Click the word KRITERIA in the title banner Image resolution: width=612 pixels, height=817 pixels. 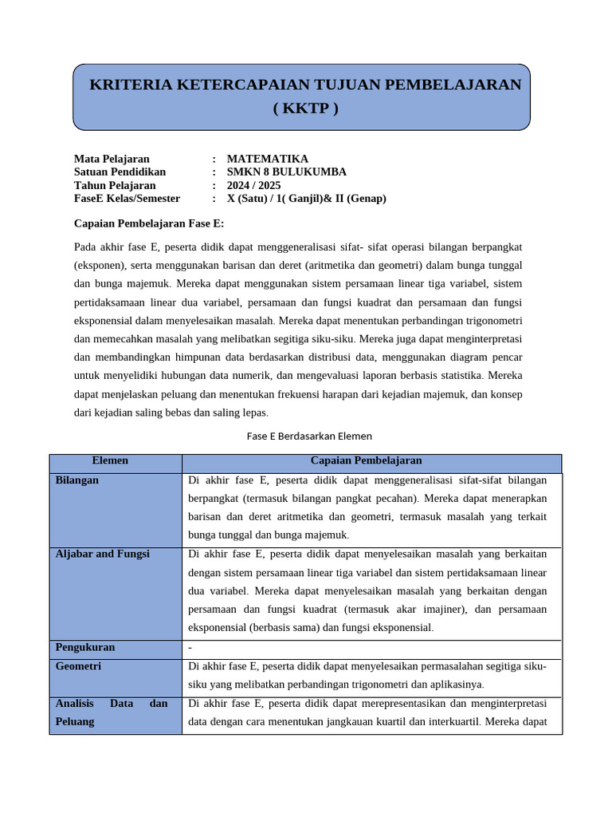pos(126,85)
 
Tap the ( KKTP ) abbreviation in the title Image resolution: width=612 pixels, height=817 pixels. pos(305,109)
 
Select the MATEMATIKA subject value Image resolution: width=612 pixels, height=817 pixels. pos(267,159)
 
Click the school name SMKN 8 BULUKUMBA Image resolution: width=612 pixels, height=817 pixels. pos(286,172)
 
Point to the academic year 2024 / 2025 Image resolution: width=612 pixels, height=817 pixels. pos(253,185)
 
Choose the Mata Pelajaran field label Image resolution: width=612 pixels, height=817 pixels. pos(112,159)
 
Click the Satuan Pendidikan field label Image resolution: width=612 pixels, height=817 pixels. pos(120,172)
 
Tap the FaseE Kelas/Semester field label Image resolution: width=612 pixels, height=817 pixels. pos(127,198)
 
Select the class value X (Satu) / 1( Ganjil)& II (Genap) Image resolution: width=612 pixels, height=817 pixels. pos(306,198)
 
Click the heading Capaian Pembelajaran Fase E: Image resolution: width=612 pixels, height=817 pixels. pos(149,223)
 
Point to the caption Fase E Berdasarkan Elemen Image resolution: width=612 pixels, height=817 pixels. pos(309,436)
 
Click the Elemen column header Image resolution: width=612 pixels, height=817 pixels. pos(110,460)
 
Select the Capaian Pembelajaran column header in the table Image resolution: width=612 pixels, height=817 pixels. pos(366,460)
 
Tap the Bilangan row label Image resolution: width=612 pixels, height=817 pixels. pos(77,480)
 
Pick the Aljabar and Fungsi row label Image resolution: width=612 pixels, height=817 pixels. pos(102,554)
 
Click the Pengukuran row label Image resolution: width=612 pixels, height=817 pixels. pos(85,647)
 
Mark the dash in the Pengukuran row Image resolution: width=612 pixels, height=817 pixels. pos(190,647)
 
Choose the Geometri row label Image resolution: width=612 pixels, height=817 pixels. pos(78,666)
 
